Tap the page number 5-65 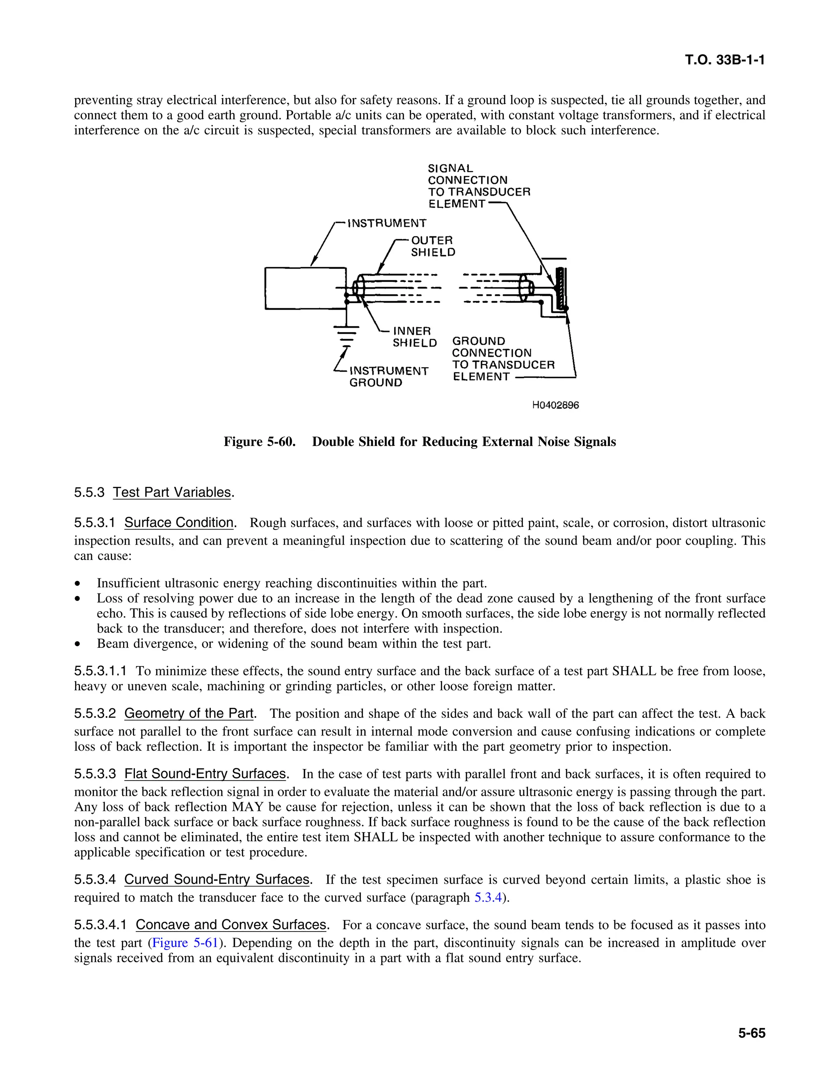point(751,1033)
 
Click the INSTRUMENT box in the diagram point(305,289)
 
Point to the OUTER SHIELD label point(432,247)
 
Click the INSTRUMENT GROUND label point(388,377)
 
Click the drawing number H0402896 point(555,405)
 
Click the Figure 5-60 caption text point(420,441)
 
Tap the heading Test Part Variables point(172,492)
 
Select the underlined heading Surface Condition point(179,523)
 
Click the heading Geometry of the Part point(189,713)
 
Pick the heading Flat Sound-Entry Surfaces point(205,774)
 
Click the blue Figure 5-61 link point(185,943)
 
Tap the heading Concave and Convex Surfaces point(231,925)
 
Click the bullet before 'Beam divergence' point(77,644)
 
